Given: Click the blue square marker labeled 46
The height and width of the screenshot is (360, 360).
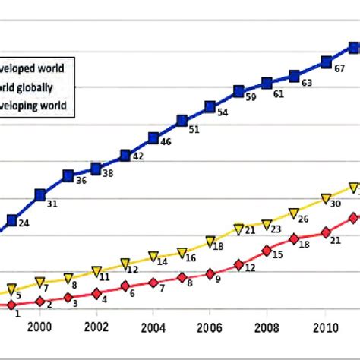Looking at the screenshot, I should (x=153, y=137).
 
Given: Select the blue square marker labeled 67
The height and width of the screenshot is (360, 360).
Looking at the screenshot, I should (x=326, y=62).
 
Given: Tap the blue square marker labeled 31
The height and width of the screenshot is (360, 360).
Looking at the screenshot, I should (x=39, y=195).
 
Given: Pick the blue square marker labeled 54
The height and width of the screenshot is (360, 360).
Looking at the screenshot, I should (x=210, y=107).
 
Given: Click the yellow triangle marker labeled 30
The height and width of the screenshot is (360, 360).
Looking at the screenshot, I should (x=326, y=199).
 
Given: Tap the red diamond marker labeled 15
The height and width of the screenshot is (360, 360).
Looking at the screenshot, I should (x=267, y=250).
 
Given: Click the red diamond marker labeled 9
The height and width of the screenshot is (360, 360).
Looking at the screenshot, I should (x=210, y=273).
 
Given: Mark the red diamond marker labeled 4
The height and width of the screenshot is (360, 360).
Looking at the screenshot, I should (x=96, y=293).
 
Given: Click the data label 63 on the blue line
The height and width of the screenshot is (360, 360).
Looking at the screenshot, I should (x=307, y=84).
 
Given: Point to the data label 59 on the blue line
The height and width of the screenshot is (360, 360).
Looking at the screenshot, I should (x=250, y=98).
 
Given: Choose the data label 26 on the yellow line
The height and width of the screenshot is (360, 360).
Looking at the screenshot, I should (x=303, y=219).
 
